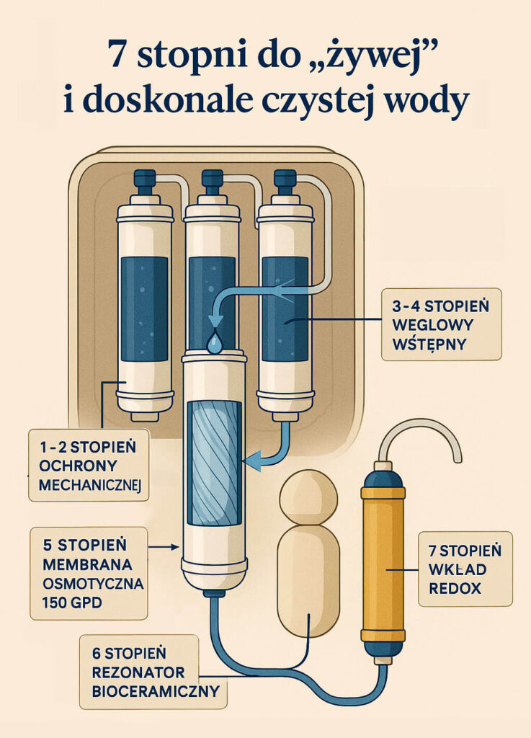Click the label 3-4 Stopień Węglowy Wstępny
[x=441, y=324]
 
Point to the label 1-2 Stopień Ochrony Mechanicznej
[x=89, y=465]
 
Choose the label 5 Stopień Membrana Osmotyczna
[x=89, y=573]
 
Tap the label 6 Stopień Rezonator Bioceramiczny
[x=138, y=672]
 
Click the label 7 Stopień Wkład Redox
[x=465, y=569]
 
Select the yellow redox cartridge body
[x=383, y=562]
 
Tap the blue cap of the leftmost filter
[x=145, y=180]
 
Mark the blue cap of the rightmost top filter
[x=285, y=180]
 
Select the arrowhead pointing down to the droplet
[x=214, y=321]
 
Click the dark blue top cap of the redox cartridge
[x=383, y=476]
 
